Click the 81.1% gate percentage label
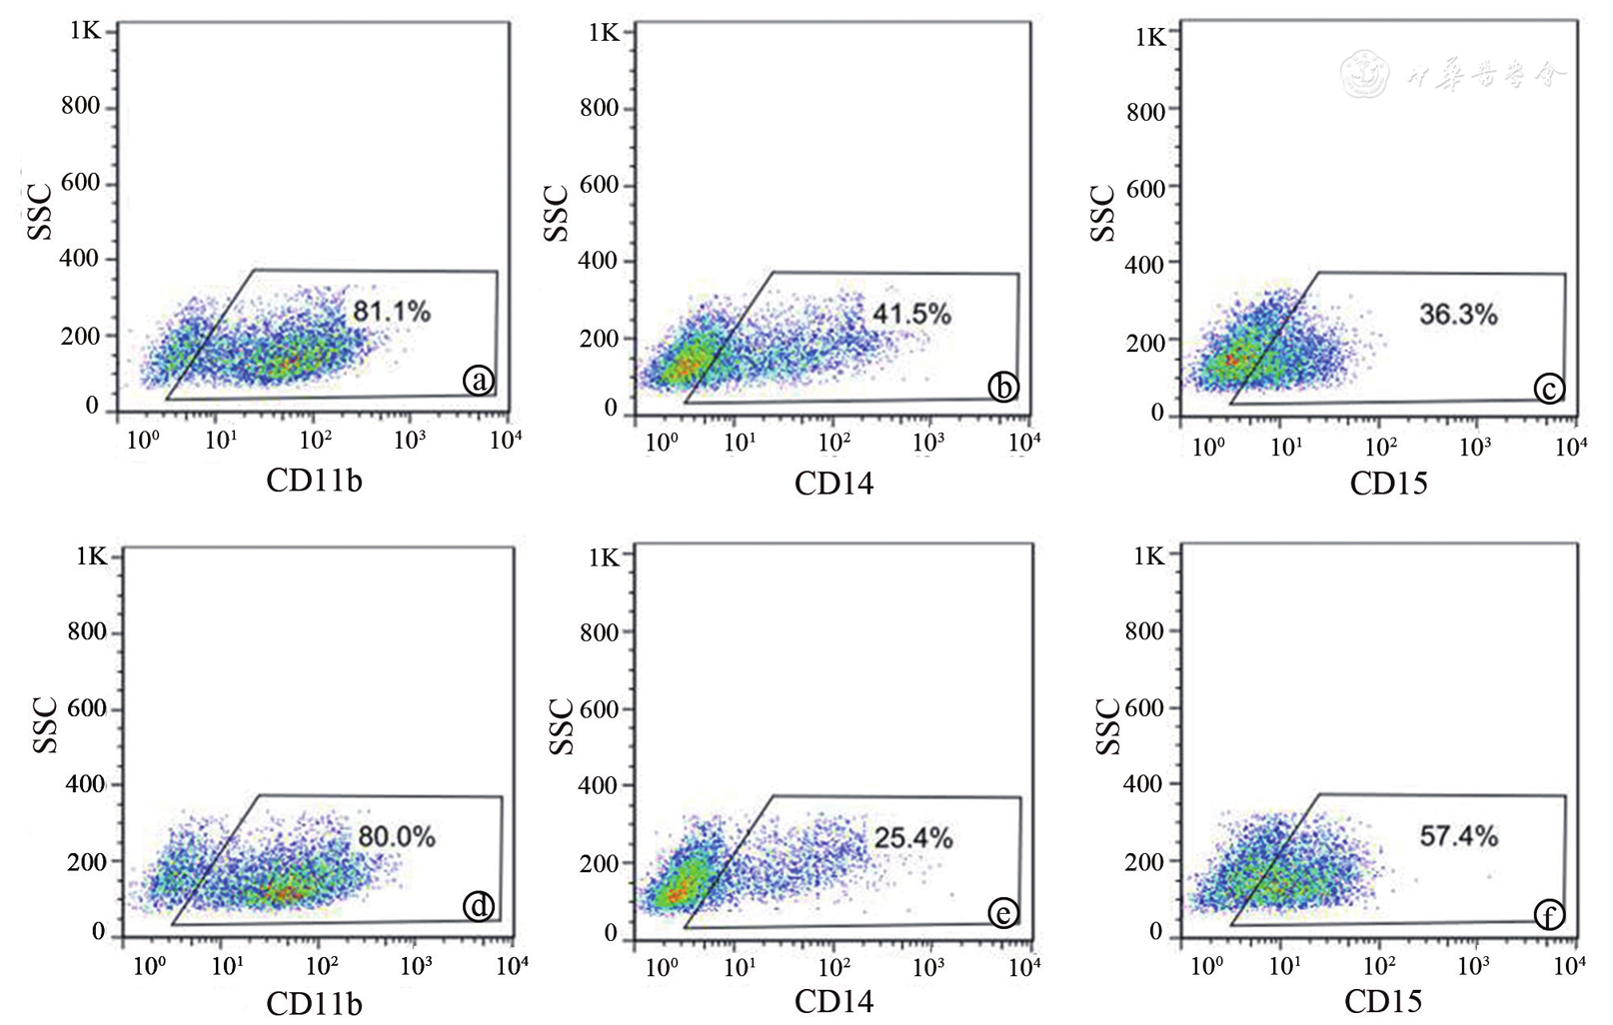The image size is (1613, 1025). (x=391, y=312)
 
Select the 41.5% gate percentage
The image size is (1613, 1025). (x=911, y=315)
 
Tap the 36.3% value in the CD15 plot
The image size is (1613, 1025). (x=1458, y=316)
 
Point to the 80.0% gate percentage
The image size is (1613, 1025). (x=397, y=836)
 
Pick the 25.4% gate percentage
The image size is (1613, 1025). (x=913, y=838)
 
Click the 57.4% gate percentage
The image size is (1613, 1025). (x=1458, y=836)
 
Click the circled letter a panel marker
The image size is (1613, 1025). (x=479, y=381)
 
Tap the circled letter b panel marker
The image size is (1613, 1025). (x=1002, y=388)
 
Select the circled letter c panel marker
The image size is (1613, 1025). (x=1548, y=389)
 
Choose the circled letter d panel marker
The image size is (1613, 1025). (x=479, y=906)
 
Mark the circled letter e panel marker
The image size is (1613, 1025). (x=1002, y=913)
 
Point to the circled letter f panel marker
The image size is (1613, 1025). (x=1548, y=914)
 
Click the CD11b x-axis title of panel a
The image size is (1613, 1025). (x=314, y=482)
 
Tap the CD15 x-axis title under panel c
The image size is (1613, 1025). (x=1388, y=485)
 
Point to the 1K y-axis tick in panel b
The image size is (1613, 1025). (x=604, y=33)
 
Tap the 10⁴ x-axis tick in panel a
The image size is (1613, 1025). (x=506, y=440)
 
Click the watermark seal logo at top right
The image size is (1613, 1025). (x=1363, y=73)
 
